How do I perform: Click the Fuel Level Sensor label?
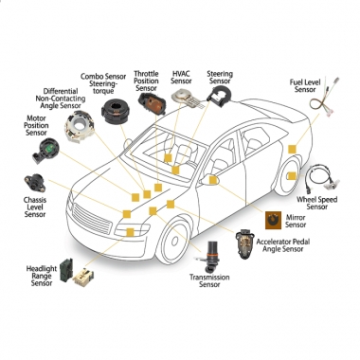(305, 86)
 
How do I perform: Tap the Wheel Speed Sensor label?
(316, 203)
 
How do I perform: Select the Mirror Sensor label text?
(296, 221)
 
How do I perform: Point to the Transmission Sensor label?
(209, 280)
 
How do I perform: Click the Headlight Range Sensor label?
(42, 276)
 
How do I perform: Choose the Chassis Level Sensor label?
(35, 207)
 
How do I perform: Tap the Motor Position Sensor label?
(36, 125)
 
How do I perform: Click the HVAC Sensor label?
(181, 78)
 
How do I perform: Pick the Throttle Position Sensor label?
(146, 81)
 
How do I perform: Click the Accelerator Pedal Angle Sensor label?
(283, 245)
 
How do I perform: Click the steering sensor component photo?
(219, 97)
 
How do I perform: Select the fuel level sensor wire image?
(324, 98)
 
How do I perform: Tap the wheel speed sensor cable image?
(322, 178)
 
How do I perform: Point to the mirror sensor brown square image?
(273, 220)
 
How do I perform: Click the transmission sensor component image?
(209, 257)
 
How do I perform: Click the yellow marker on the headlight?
(130, 232)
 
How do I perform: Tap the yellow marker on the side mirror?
(213, 180)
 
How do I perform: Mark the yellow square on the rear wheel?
(292, 176)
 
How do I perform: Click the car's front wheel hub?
(174, 241)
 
